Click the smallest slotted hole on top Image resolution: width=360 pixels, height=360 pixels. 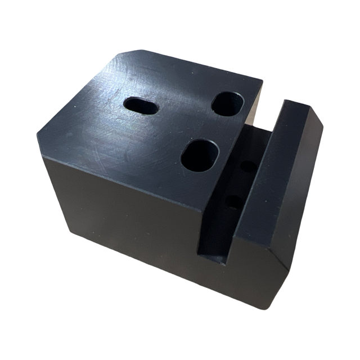(141, 105)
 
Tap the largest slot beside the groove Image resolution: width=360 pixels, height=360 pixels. (200, 155)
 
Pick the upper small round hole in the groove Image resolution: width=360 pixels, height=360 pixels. (247, 166)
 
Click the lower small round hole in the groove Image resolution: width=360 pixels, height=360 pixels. (234, 201)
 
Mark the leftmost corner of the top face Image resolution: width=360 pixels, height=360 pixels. (38, 133)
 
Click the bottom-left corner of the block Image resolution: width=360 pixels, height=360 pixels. (70, 231)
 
